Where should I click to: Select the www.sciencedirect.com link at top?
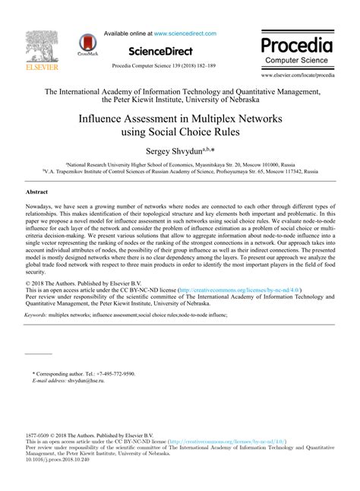[x=185, y=33]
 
